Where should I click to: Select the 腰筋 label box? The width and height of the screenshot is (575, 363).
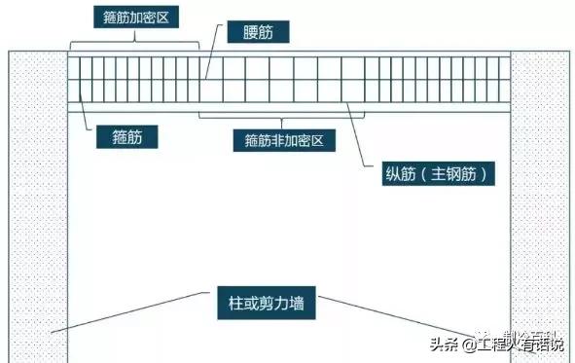tap(258, 32)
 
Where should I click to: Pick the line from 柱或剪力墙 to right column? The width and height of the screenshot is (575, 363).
tap(409, 315)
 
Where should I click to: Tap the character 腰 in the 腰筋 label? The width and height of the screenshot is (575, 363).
tap(248, 32)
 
